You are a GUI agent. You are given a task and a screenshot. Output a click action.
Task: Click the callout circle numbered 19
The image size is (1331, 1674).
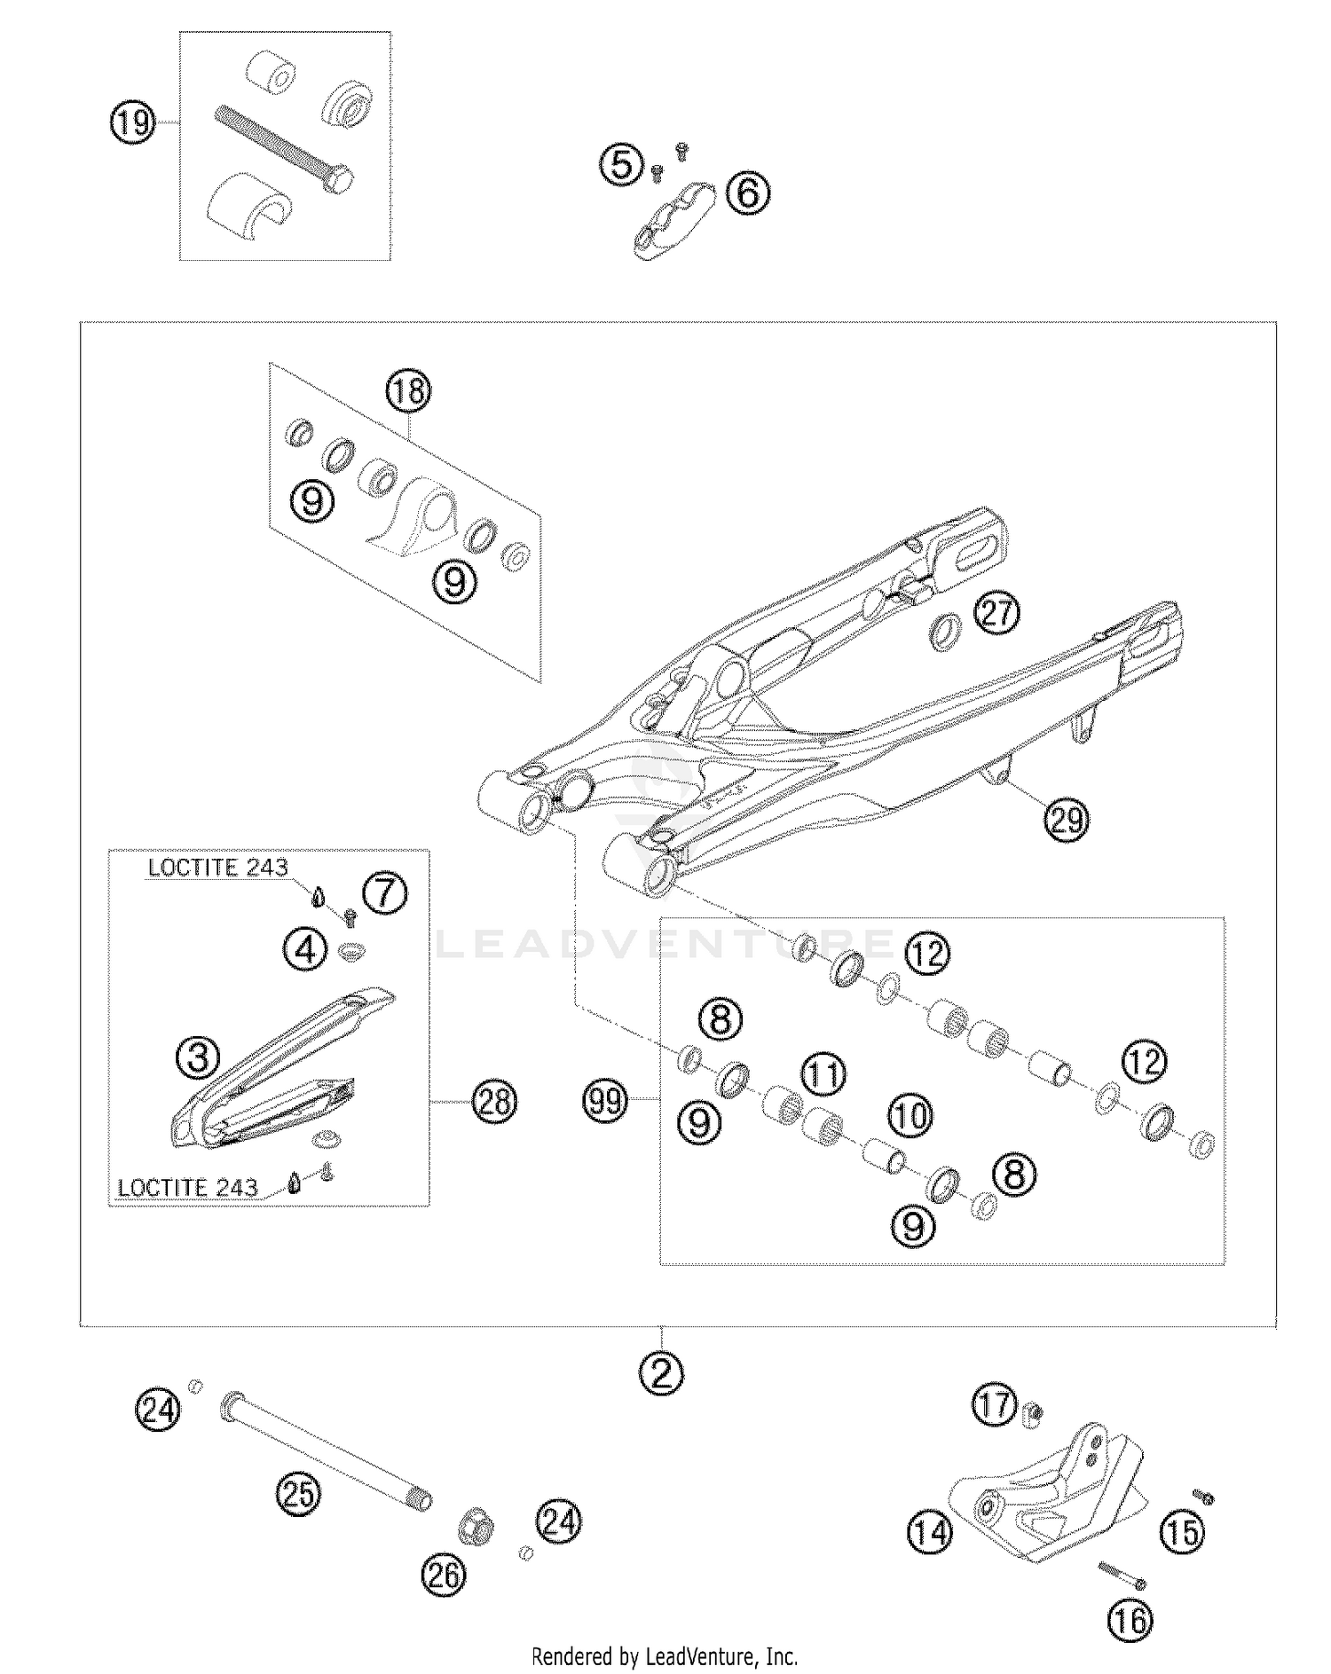tap(133, 122)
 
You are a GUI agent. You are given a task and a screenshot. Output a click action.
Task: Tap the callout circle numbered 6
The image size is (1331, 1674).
tap(748, 193)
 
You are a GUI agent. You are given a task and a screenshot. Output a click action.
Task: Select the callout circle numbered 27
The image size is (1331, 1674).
tap(997, 612)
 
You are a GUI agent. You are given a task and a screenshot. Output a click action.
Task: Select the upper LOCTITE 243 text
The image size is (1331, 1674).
tap(218, 867)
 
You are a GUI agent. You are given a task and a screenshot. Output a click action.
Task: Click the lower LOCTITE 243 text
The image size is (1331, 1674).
tap(188, 1187)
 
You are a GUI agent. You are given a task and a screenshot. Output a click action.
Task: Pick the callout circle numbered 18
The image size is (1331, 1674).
tap(407, 391)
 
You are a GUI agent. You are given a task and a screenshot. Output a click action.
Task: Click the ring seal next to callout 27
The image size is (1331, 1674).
tap(945, 632)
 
